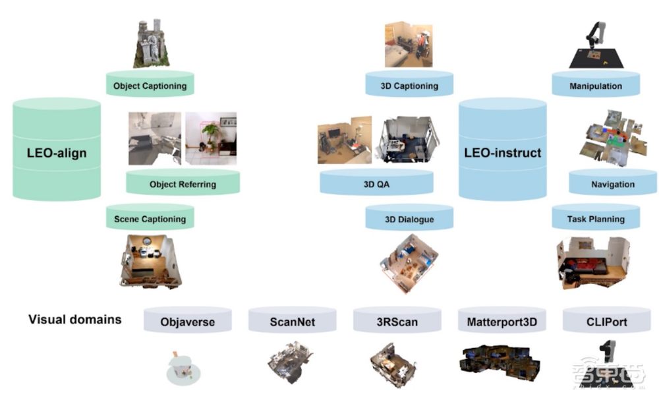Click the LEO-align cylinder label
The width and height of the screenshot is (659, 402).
[x=56, y=154]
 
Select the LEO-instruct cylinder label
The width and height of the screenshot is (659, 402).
[x=503, y=153]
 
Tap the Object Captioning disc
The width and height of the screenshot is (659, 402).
[x=150, y=86]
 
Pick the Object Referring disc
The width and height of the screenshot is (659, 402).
[x=182, y=184]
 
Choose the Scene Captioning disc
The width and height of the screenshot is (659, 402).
[x=150, y=219]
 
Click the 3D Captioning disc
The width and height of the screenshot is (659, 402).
[x=409, y=86]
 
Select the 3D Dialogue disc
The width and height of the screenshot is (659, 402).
[x=409, y=219]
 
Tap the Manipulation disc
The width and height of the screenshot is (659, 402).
[x=596, y=86]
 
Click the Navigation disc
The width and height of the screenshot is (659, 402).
[x=612, y=184]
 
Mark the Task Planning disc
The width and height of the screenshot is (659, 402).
[x=596, y=219]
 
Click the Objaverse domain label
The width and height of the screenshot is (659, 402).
[x=188, y=322]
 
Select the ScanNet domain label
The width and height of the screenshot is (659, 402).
[x=293, y=322]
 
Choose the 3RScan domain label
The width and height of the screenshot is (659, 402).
[x=397, y=322]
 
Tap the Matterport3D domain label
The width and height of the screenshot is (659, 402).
[x=502, y=322]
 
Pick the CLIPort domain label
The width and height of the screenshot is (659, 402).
[x=606, y=322]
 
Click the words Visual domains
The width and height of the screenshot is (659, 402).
[x=75, y=320]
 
